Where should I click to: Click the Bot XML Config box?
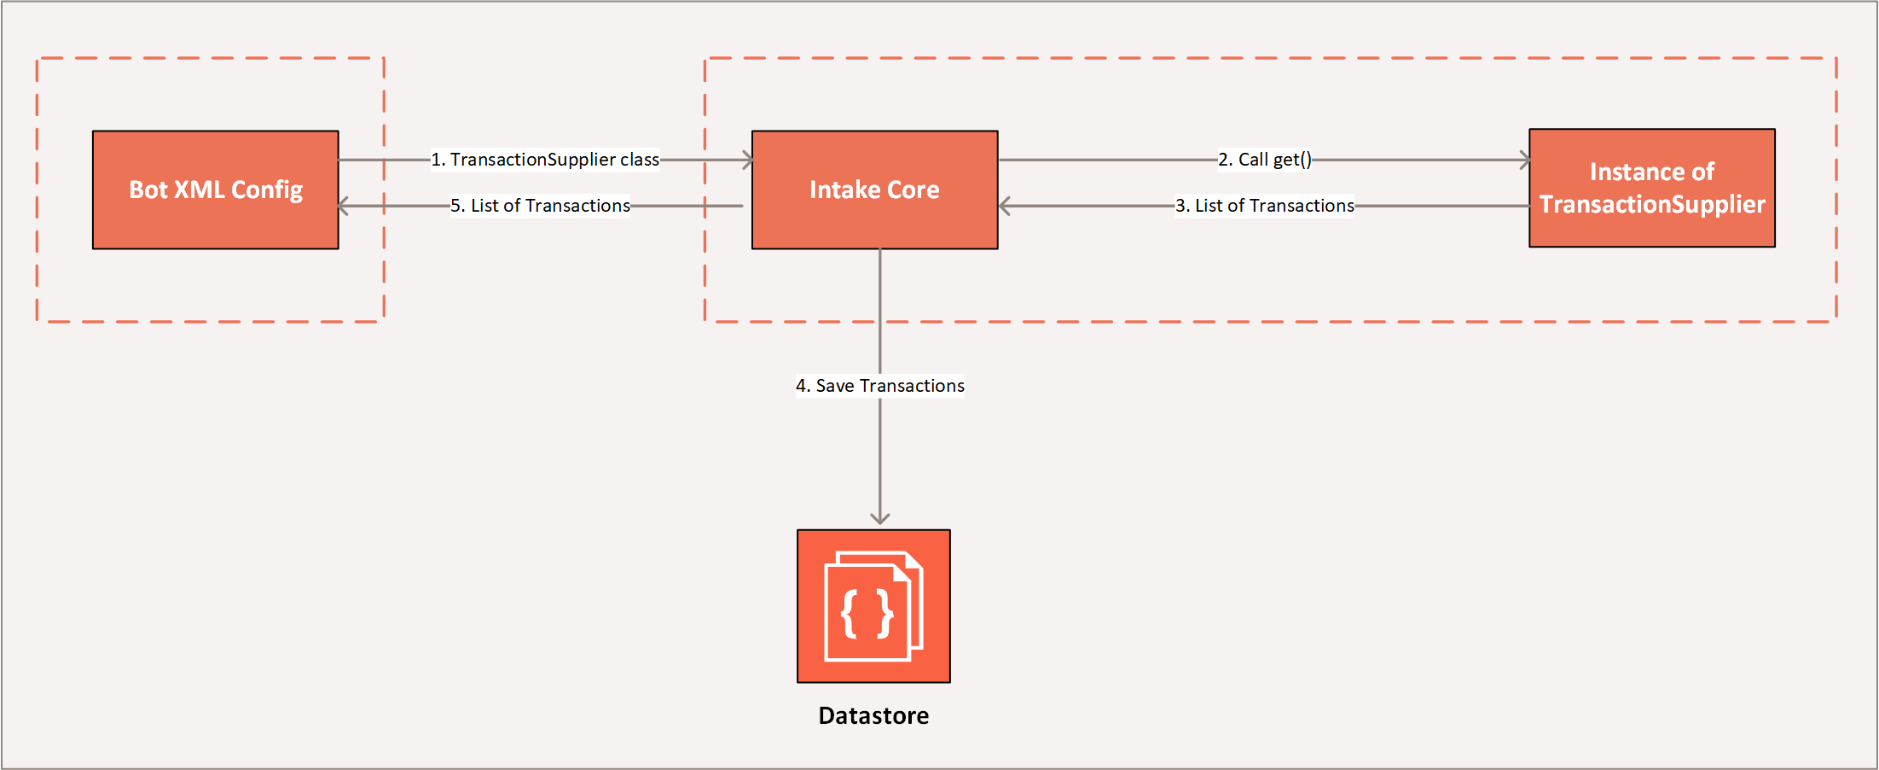(216, 190)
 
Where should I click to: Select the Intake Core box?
(875, 190)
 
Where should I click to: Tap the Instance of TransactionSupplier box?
(1652, 188)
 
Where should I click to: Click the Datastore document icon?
(873, 606)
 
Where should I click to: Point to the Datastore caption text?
(873, 715)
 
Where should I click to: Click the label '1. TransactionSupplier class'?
(545, 160)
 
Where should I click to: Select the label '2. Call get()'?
(1265, 160)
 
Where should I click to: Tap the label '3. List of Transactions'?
(1265, 206)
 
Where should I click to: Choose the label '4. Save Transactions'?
(880, 386)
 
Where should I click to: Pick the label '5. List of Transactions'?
(541, 206)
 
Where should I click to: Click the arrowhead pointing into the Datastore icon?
(880, 518)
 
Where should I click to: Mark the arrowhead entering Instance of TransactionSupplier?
(1524, 160)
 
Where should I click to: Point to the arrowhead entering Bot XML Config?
(343, 206)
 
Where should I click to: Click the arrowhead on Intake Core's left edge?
(747, 160)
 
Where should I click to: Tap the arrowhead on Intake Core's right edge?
(1004, 206)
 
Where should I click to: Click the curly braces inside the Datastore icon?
(867, 614)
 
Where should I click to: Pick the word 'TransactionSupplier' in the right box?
(1652, 205)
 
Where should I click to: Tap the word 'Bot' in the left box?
(148, 190)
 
